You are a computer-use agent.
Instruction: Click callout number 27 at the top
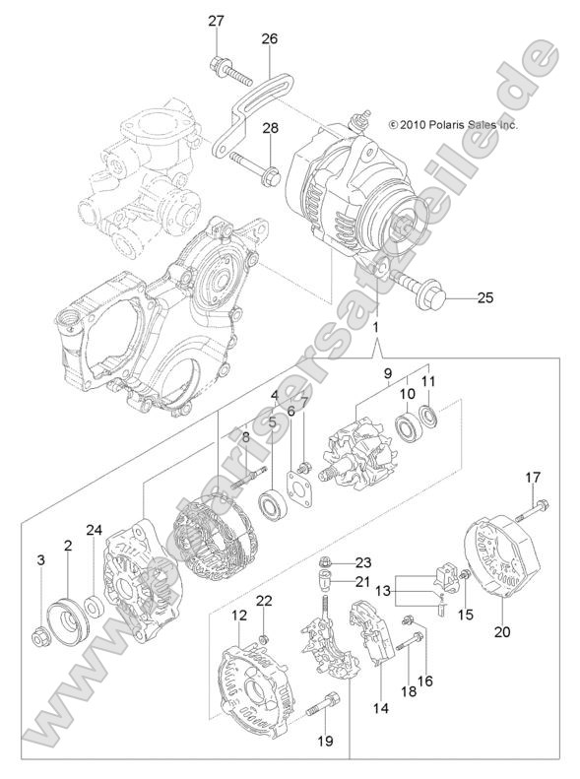click(216, 21)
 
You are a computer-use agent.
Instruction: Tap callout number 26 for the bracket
click(269, 38)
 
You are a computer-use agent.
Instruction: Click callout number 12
click(239, 616)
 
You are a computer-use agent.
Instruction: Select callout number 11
click(428, 381)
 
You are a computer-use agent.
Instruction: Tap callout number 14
click(380, 707)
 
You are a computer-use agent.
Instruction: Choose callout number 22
click(264, 601)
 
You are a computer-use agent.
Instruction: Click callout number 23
click(336, 563)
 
